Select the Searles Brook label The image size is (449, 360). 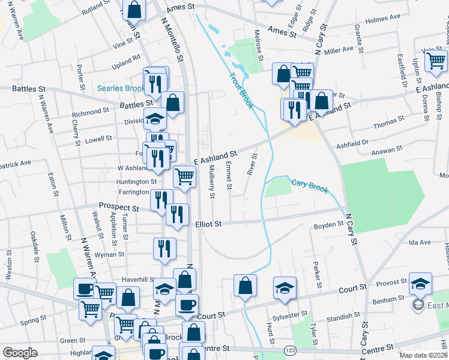[120, 89]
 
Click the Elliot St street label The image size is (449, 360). [209, 224]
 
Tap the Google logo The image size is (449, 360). [20, 353]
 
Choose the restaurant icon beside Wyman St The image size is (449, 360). [164, 248]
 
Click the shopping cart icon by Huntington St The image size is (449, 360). [184, 176]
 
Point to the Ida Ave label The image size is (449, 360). [420, 242]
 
